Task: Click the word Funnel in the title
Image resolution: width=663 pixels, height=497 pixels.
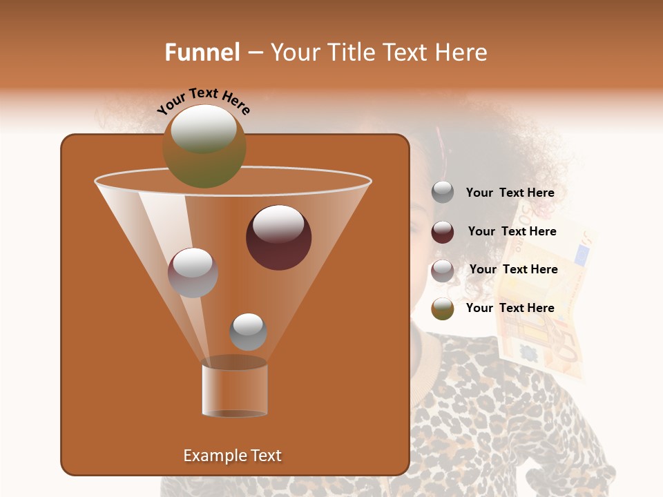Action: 202,52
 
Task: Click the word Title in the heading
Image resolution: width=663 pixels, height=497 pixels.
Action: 351,52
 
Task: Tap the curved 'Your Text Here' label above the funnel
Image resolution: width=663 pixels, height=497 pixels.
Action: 203,101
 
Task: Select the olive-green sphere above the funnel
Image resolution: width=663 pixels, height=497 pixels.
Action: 204,146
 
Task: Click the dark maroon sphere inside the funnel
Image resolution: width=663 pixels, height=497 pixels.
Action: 279,237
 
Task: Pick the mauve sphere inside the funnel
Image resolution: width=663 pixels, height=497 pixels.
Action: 193,273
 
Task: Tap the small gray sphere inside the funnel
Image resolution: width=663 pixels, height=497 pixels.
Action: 248,331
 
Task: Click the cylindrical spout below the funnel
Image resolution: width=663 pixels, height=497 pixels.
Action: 234,390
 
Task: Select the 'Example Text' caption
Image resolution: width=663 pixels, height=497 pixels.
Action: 232,456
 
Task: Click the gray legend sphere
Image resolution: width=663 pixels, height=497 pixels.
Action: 443,193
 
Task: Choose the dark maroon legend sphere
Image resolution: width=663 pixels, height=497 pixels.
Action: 443,232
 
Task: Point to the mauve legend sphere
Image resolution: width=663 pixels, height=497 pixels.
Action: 443,271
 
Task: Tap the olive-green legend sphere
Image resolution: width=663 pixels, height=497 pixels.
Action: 443,309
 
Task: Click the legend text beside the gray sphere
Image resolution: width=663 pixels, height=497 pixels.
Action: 510,193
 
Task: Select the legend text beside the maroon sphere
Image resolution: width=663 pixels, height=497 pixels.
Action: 512,232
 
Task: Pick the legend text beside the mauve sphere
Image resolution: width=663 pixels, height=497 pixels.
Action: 513,270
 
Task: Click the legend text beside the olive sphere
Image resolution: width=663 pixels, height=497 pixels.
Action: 510,309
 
